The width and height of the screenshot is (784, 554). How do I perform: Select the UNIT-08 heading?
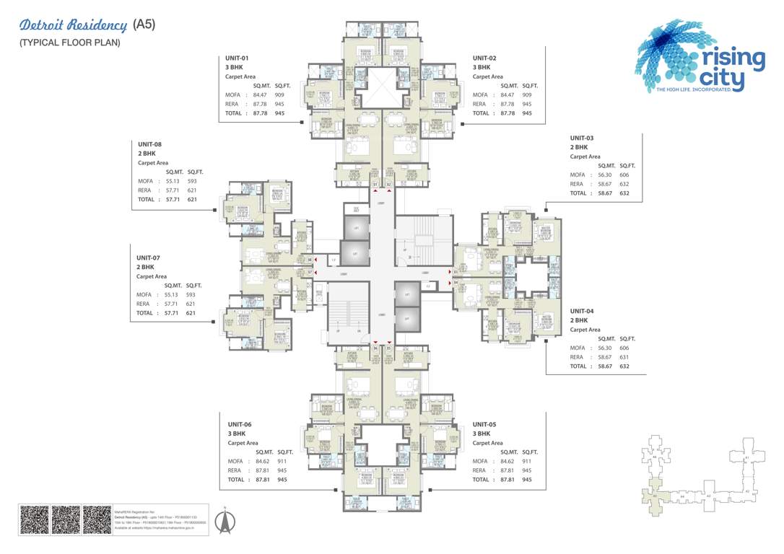149,144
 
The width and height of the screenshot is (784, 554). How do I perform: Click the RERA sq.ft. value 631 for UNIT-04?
624,356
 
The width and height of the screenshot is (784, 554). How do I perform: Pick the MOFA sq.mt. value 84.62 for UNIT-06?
262,461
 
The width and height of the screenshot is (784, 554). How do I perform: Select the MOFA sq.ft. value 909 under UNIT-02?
527,94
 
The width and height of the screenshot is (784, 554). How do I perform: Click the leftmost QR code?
34,519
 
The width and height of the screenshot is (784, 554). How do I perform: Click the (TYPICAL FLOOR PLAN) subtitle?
69,43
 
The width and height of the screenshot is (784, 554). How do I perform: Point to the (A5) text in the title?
144,25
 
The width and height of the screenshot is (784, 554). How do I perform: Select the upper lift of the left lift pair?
354,228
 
